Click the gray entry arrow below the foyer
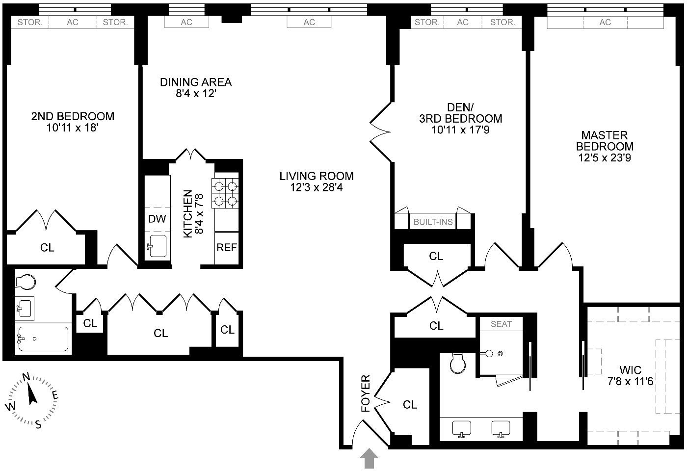(370, 460)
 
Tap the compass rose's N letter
(26, 377)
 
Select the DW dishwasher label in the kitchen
(157, 219)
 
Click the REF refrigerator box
(227, 248)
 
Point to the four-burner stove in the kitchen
(225, 193)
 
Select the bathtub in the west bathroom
(42, 339)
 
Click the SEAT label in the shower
(501, 324)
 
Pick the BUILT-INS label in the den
(433, 222)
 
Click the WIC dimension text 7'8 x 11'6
(630, 381)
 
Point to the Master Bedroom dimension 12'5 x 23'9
(605, 157)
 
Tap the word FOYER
(366, 393)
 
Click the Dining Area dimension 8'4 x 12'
(196, 93)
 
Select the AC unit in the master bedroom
(605, 22)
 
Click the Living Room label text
(317, 176)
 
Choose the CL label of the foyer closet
(410, 405)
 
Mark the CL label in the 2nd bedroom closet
(47, 248)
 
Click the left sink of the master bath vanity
(461, 428)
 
